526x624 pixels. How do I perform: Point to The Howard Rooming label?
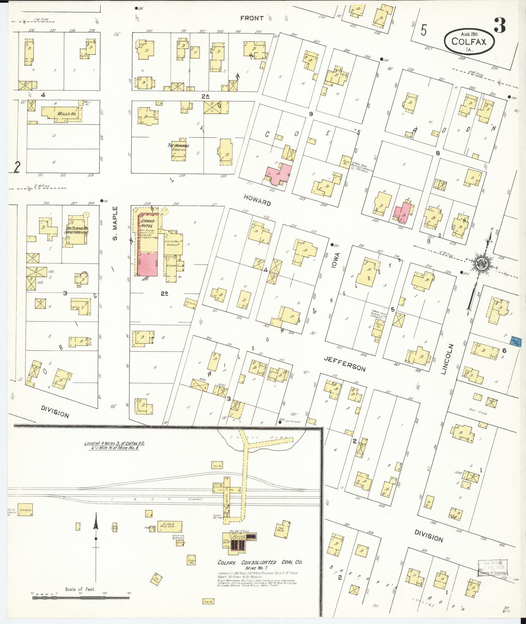click(x=178, y=147)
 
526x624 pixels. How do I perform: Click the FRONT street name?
click(x=252, y=18)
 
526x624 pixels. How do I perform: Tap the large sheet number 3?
click(x=500, y=26)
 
